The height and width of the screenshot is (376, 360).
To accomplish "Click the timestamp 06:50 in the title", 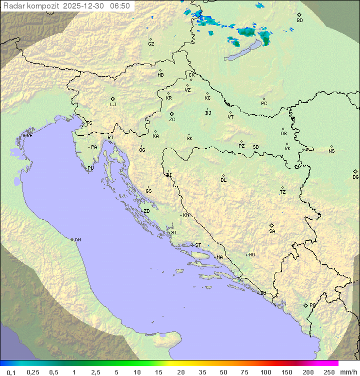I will pyautogui.click(x=120, y=6).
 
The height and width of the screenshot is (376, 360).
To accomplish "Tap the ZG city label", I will pyautogui.click(x=172, y=120).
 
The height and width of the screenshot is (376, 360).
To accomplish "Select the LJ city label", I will pyautogui.click(x=113, y=105).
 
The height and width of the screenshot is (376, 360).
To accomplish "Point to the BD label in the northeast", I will pyautogui.click(x=299, y=21).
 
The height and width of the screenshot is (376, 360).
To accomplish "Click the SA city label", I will pyautogui.click(x=272, y=231).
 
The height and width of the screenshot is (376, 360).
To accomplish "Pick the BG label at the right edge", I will pyautogui.click(x=355, y=177).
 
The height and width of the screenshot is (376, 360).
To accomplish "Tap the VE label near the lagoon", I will pyautogui.click(x=29, y=136).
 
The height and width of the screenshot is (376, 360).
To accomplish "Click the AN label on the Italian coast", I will pyautogui.click(x=77, y=240).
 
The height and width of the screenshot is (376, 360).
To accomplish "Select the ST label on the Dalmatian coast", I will pyautogui.click(x=198, y=245).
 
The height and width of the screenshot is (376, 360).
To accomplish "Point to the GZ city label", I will pyautogui.click(x=151, y=44).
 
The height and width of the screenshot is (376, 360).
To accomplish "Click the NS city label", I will pyautogui.click(x=331, y=151).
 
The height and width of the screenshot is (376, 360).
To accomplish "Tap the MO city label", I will pyautogui.click(x=251, y=255).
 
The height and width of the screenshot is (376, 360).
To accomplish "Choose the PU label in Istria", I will pyautogui.click(x=90, y=168).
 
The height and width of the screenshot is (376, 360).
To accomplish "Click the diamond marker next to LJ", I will pyautogui.click(x=113, y=99).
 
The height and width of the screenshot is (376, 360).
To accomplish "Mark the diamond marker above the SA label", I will pyautogui.click(x=272, y=225).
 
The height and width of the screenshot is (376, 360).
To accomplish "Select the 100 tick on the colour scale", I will pyautogui.click(x=265, y=372).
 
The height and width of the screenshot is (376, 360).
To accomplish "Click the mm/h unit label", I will pyautogui.click(x=348, y=372).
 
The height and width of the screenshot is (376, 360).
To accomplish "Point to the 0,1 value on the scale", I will pyautogui.click(x=11, y=372).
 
